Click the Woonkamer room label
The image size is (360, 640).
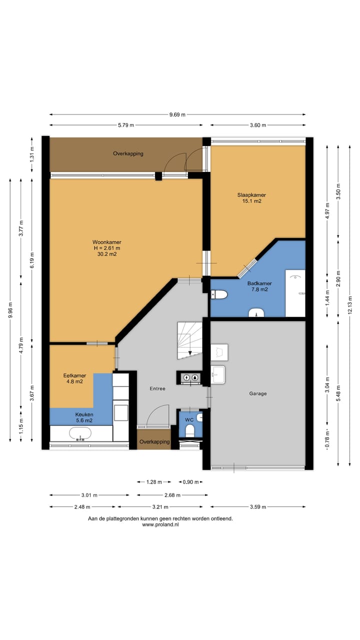click(107, 242)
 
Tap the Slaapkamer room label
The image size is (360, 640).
click(251, 195)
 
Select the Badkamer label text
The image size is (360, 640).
click(259, 283)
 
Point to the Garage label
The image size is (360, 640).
click(257, 393)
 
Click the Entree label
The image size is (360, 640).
click(157, 388)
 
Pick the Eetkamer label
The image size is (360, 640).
click(74, 375)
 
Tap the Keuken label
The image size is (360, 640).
click(84, 414)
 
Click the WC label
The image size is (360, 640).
click(189, 419)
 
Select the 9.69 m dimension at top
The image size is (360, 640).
click(177, 114)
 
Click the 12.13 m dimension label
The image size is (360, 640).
click(350, 305)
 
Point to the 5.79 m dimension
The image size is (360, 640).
click(126, 125)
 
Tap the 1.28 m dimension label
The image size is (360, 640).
click(154, 482)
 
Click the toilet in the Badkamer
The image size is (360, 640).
click(219, 294)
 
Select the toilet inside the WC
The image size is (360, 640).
click(189, 430)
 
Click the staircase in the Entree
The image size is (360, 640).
click(189, 340)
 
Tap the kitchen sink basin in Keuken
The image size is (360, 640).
click(80, 433)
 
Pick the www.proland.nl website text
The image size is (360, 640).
click(160, 524)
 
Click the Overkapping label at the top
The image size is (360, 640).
click(128, 153)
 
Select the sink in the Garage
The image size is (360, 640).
click(217, 374)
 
